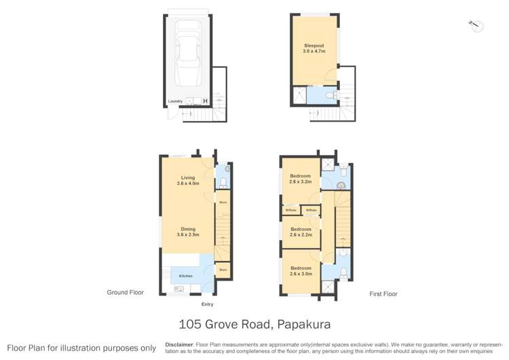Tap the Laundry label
[x=175, y=102]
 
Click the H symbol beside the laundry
[x=206, y=102]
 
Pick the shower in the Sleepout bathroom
[x=299, y=94]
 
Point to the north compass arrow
[x=476, y=25]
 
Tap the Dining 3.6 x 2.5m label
[x=187, y=232]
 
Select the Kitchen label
[x=185, y=276]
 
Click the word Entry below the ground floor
[x=207, y=304]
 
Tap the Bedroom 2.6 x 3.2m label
[x=300, y=179]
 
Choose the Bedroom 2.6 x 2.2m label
[x=300, y=231]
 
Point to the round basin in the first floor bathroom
[x=341, y=184]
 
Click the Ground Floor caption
[x=126, y=293]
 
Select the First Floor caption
[x=383, y=294]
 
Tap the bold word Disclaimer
[x=180, y=344]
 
